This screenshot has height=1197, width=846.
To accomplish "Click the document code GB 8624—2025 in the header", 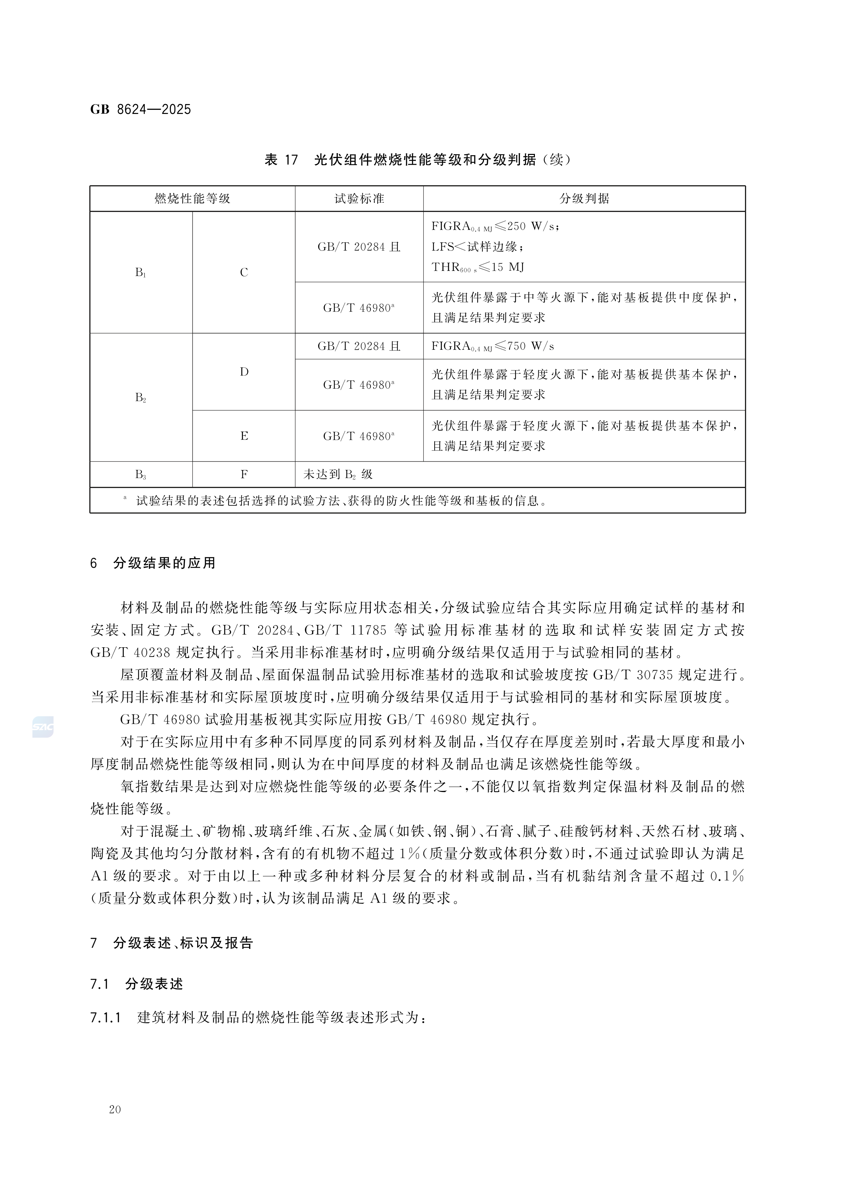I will pyautogui.click(x=141, y=110).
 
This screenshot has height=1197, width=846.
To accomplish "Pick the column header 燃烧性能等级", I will pyautogui.click(x=192, y=199).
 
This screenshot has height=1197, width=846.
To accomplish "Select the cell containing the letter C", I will pyautogui.click(x=244, y=272).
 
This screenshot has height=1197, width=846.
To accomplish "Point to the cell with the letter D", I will pyautogui.click(x=244, y=372).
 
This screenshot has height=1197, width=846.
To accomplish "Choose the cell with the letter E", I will pyautogui.click(x=244, y=436).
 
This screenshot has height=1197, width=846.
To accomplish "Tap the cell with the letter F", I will pyautogui.click(x=244, y=474).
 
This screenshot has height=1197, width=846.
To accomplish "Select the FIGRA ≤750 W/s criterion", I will pyautogui.click(x=493, y=346).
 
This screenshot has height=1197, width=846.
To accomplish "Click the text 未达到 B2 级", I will pyautogui.click(x=338, y=474).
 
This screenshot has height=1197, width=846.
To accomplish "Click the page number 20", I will pyautogui.click(x=115, y=1109).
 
